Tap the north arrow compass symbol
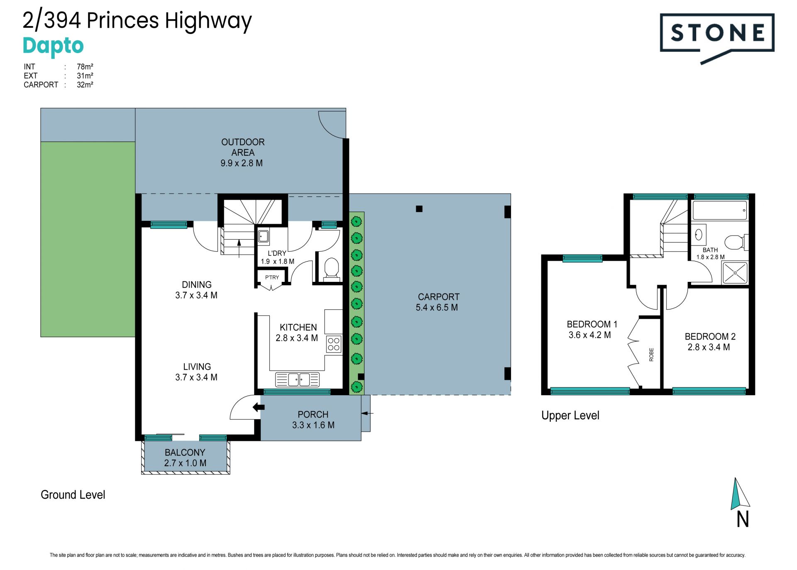tap(740, 494)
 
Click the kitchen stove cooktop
tap(334, 344)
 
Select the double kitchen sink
tap(297, 379)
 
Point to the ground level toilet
tap(331, 269)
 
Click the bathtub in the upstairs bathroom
tap(720, 210)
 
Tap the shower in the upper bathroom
tap(735, 273)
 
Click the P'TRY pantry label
tap(272, 277)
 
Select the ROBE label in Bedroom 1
tap(651, 354)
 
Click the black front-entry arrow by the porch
tap(259, 407)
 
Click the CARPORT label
tap(438, 297)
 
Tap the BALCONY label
tap(185, 453)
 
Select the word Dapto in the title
tap(53, 46)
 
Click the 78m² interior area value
tap(85, 66)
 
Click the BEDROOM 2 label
tap(710, 336)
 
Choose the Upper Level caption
tap(570, 416)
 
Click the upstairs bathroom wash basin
tap(699, 235)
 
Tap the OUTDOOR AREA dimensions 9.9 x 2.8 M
tap(242, 163)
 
